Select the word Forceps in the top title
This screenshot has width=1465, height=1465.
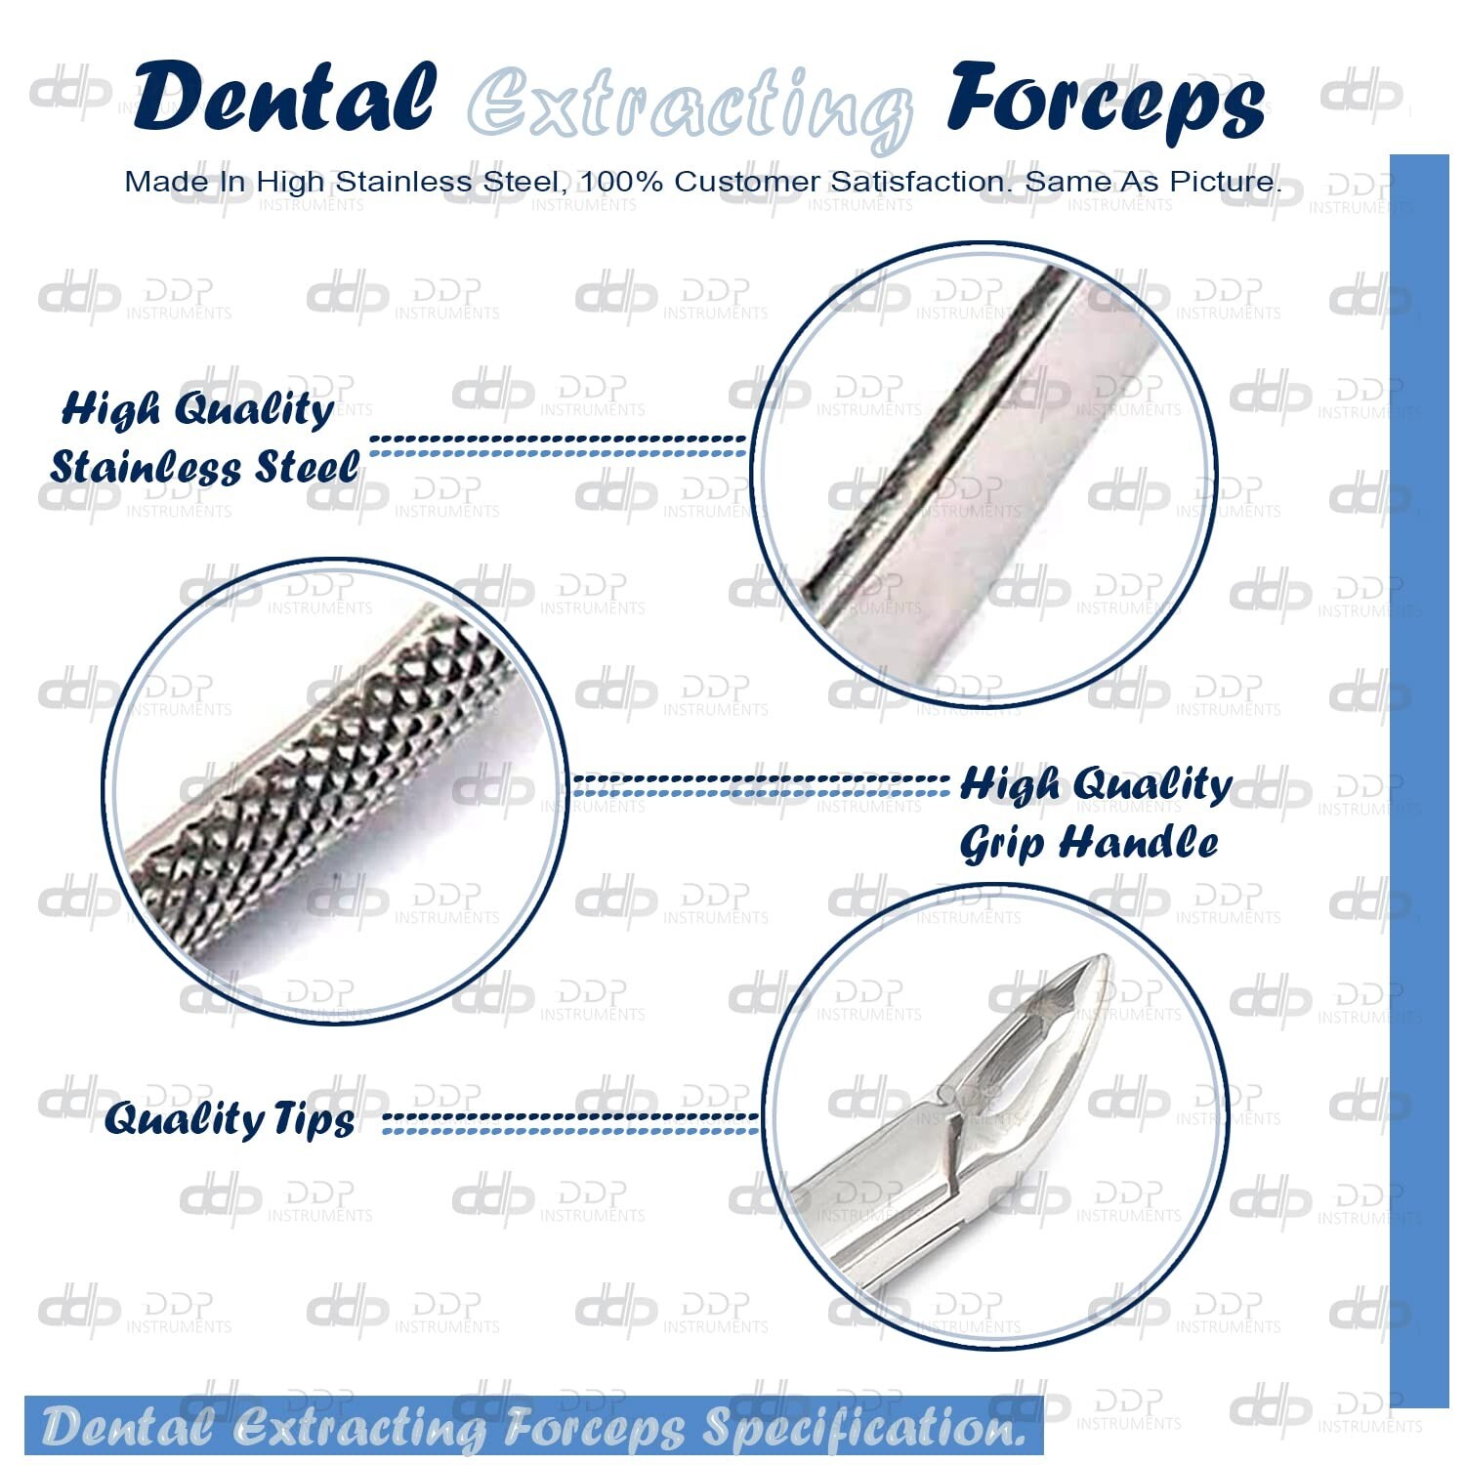click(1107, 102)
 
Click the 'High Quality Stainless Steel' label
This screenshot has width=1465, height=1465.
click(205, 438)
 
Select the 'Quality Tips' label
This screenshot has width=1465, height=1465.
click(230, 1119)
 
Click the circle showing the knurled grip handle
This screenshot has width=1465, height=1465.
click(336, 790)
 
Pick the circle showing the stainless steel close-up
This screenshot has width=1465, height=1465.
click(984, 476)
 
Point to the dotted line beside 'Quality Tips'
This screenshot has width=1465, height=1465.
click(570, 1122)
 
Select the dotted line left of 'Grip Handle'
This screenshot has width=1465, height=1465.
click(760, 786)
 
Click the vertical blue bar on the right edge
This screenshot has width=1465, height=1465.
click(1419, 780)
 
